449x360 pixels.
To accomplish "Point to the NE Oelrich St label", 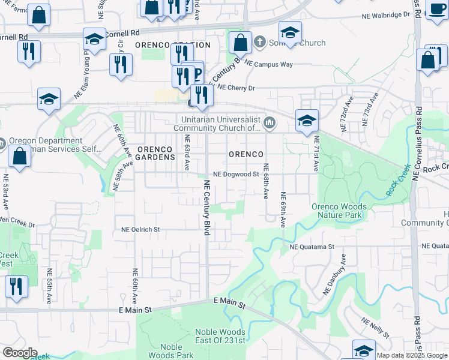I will [140, 229].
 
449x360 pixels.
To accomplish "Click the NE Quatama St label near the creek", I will [312, 247].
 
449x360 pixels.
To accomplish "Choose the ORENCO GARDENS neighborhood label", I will [155, 153].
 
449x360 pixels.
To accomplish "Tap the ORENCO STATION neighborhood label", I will [172, 45].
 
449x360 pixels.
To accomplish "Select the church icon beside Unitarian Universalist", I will [270, 124].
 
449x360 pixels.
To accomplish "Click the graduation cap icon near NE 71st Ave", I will [307, 121].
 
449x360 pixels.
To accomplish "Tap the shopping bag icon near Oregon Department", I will [20, 156].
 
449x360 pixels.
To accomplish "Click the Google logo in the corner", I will [20, 353].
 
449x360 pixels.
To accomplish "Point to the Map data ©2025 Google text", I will [412, 355].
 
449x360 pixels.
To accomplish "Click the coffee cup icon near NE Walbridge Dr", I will [436, 8].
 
